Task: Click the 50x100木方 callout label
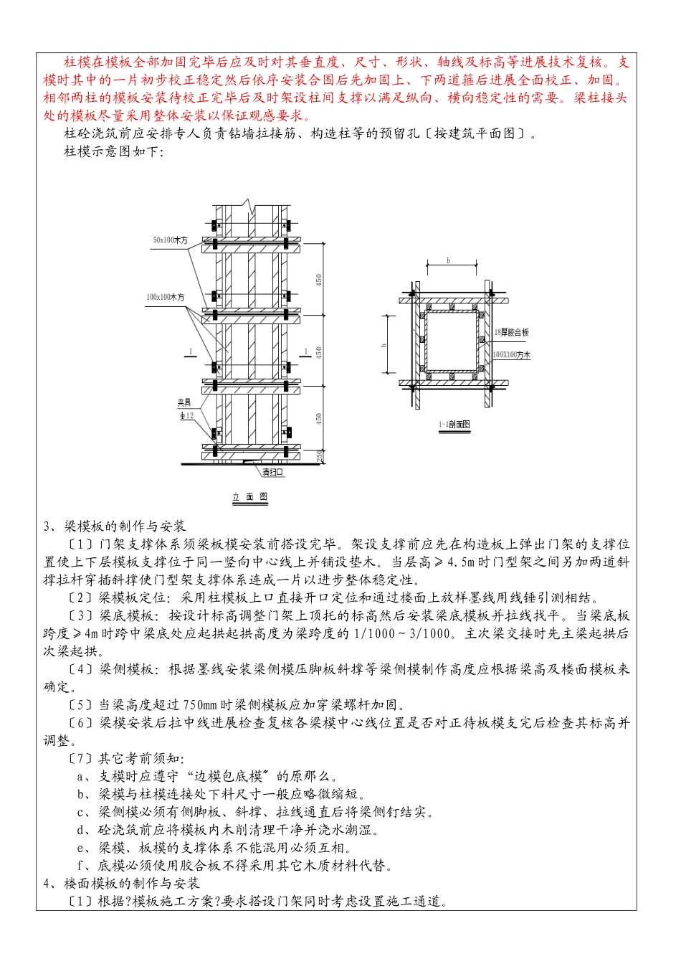[x=171, y=240]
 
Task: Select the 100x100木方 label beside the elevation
[x=166, y=297]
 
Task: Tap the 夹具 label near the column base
[x=184, y=403]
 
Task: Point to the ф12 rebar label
[x=186, y=416]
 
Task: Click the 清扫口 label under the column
[x=272, y=473]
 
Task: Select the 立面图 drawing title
[x=250, y=497]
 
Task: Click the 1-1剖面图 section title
[x=454, y=425]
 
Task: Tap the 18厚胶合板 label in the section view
[x=511, y=333]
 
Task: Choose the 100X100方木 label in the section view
[x=512, y=355]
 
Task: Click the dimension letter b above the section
[x=449, y=260]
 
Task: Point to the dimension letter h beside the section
[x=384, y=345]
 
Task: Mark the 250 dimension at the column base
[x=320, y=455]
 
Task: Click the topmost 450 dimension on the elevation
[x=319, y=279]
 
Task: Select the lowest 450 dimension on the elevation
[x=319, y=417]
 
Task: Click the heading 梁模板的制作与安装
[x=125, y=526]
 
